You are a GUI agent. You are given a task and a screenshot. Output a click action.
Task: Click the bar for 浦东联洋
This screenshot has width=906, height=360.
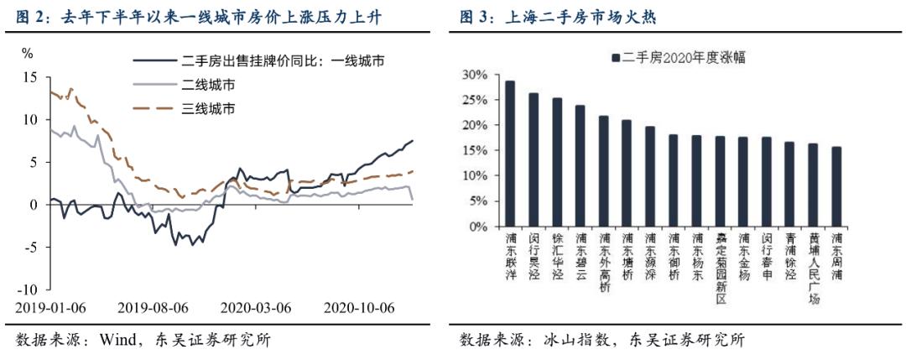[509, 154]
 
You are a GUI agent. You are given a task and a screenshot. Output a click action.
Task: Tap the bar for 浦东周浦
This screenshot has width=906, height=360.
[836, 186]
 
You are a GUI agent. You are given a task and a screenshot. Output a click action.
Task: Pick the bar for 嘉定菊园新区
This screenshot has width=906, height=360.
[720, 181]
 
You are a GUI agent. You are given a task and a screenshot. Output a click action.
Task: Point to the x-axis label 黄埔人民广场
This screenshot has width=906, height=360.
[813, 269]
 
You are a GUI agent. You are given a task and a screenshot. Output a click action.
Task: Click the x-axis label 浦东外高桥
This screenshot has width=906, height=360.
[603, 263]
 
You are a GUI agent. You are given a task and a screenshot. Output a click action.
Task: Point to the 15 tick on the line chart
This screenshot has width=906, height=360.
[30, 77]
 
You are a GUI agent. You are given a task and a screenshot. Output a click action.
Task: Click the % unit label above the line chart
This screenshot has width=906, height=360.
[27, 54]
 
